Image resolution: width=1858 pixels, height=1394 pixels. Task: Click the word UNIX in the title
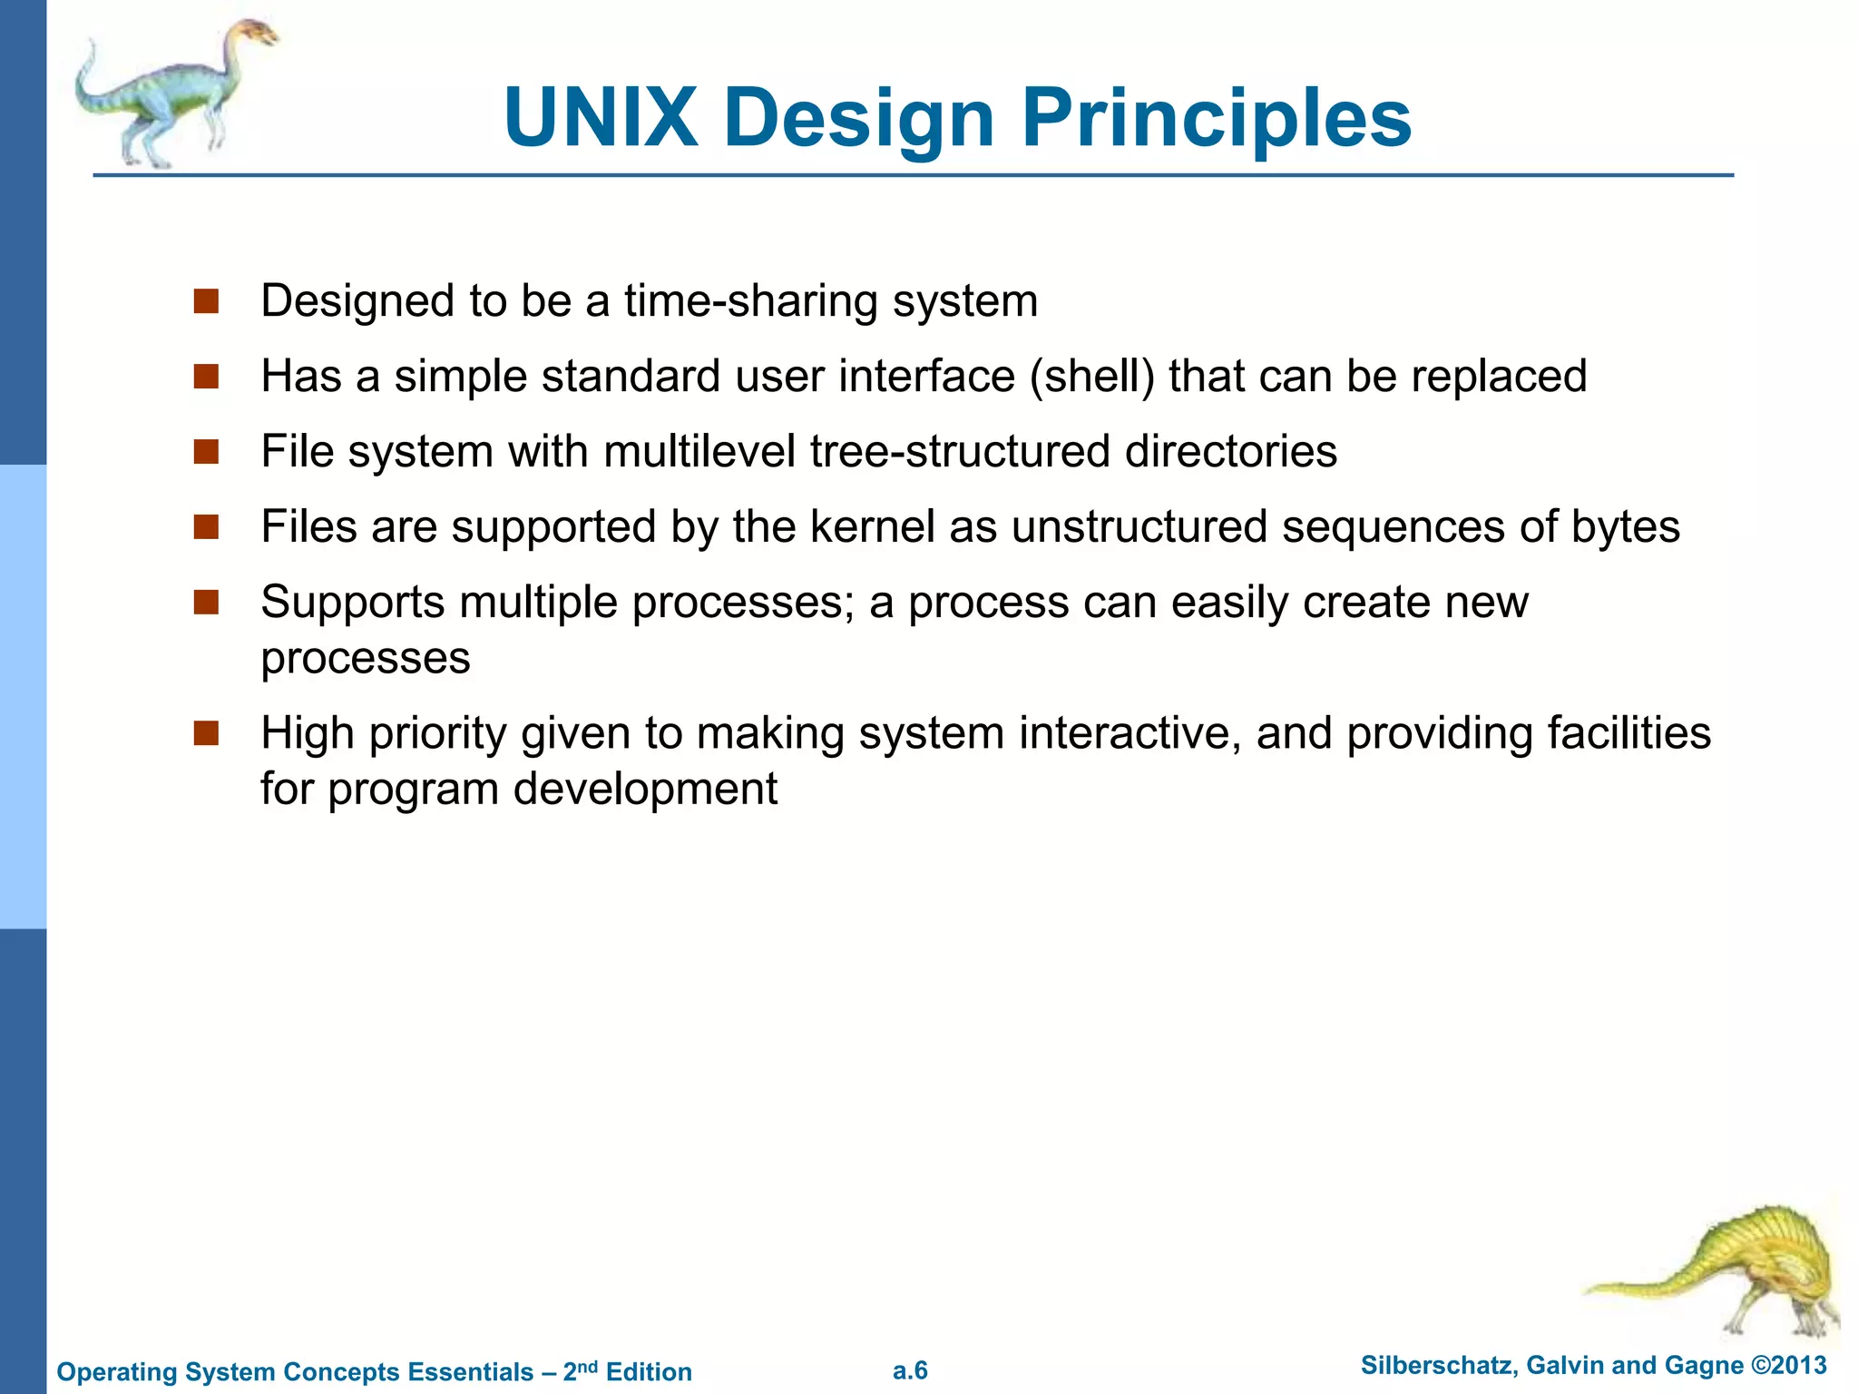pos(601,118)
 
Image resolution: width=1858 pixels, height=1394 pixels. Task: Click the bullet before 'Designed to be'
pos(207,301)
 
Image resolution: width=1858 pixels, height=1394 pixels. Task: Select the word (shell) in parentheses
pos(1092,377)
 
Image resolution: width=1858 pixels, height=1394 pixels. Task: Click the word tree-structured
pos(960,452)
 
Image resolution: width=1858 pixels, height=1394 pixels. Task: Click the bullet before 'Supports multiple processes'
pos(207,603)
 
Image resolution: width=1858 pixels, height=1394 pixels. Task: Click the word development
pos(645,790)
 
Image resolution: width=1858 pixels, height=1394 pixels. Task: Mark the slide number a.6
pos(910,1370)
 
